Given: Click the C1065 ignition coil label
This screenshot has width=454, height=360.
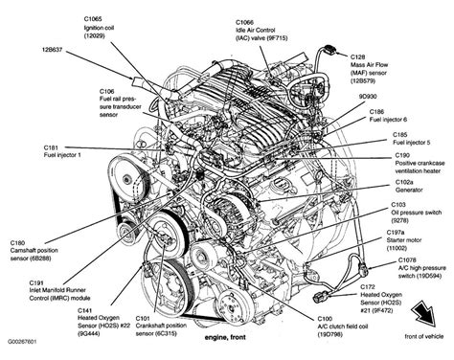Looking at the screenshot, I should (97, 26).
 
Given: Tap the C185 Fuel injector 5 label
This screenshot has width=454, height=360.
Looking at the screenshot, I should (411, 140).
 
